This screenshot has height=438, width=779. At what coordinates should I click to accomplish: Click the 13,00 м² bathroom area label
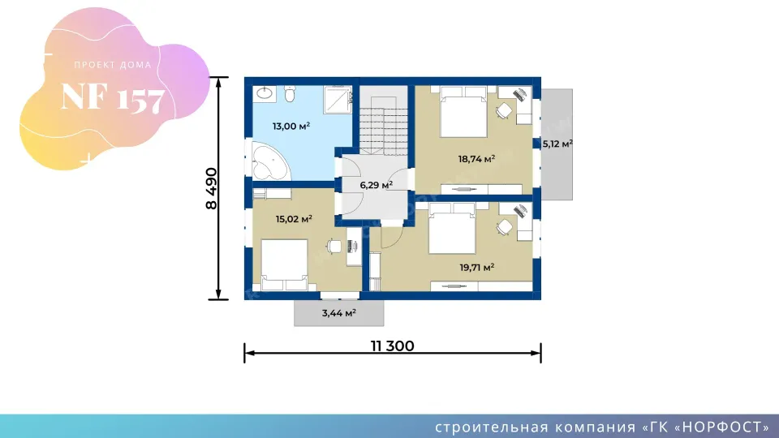(x=291, y=127)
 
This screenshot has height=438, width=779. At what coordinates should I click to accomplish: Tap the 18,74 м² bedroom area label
(x=476, y=159)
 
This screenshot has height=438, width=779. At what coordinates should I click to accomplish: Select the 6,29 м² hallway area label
(x=376, y=185)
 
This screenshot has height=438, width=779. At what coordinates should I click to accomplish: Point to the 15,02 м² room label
(x=294, y=219)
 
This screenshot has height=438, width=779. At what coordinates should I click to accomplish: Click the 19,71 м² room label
(x=476, y=268)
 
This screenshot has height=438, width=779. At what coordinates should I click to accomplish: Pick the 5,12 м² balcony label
(x=557, y=144)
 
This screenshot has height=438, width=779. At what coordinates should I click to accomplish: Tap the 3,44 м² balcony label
(x=339, y=313)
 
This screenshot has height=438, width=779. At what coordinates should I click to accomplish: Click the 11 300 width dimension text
(x=393, y=346)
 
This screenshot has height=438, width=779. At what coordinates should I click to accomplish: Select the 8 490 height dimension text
(x=212, y=189)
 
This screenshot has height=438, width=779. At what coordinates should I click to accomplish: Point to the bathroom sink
(x=265, y=93)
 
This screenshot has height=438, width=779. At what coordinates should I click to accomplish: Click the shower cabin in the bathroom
(x=338, y=99)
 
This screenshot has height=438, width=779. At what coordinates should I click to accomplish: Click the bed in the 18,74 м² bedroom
(x=463, y=111)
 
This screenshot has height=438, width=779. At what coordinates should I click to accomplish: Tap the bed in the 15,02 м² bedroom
(x=284, y=264)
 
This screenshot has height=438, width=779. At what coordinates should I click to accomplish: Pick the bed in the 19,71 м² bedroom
(x=452, y=228)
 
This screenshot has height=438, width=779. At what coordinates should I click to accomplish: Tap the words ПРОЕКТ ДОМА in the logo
(x=113, y=65)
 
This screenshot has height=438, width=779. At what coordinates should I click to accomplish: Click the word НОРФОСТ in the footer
(x=723, y=427)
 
